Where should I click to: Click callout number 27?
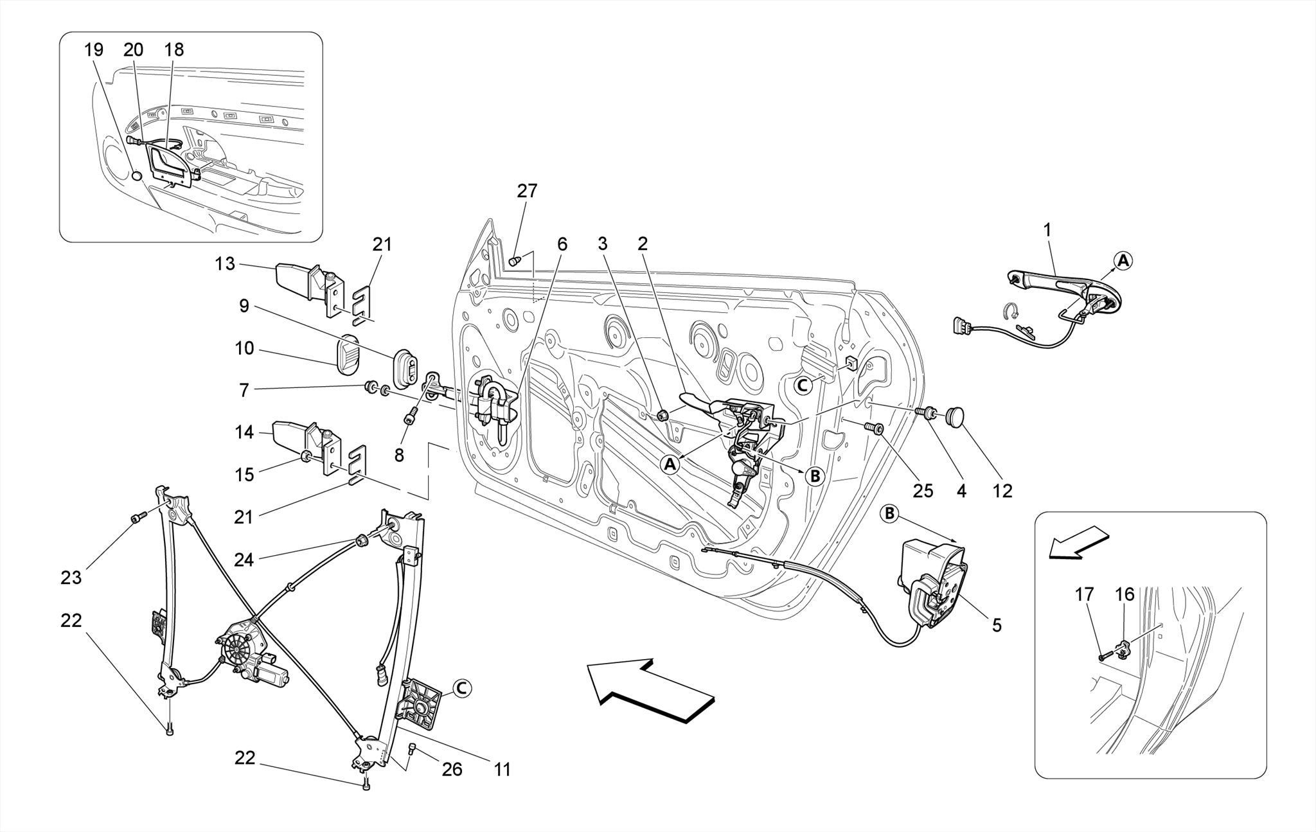click(527, 191)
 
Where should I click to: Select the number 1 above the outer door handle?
click(1047, 229)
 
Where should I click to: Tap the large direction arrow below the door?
click(649, 691)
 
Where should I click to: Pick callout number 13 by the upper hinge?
click(225, 263)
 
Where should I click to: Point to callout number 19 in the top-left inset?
click(94, 49)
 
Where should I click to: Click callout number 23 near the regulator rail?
click(71, 578)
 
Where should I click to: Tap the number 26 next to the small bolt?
click(452, 769)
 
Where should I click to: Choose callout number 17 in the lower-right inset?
click(1084, 594)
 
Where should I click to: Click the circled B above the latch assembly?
click(890, 513)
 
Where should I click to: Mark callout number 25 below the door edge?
click(923, 491)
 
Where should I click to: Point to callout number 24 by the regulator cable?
click(244, 560)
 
